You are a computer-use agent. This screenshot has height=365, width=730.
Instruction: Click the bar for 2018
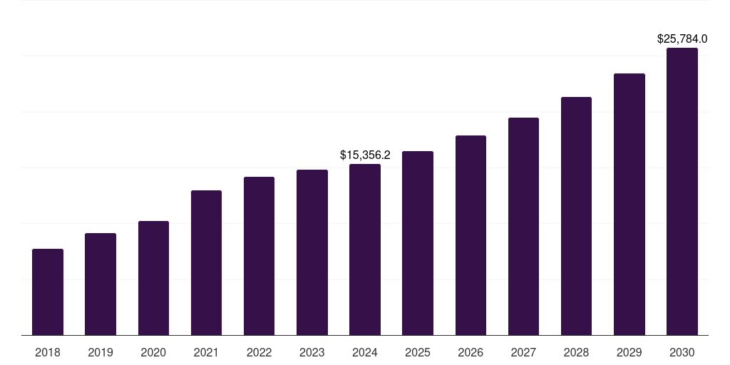[x=48, y=292]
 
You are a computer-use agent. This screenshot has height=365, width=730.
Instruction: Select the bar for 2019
[x=101, y=284]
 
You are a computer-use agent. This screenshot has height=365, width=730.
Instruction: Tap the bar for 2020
[x=153, y=278]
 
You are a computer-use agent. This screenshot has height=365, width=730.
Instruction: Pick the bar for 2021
[x=206, y=263]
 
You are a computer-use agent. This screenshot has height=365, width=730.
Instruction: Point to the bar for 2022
[x=259, y=256]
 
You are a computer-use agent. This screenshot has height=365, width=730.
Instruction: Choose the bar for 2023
[x=312, y=252]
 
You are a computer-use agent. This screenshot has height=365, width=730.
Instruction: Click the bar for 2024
[x=365, y=250]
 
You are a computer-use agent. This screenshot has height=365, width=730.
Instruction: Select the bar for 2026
[x=471, y=235]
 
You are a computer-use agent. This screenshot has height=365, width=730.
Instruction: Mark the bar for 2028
[x=576, y=216]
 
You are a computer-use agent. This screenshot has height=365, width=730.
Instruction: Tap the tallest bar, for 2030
[x=682, y=192]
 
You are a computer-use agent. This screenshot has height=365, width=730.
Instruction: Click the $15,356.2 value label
[x=365, y=155]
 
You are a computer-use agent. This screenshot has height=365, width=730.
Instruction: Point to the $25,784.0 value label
[x=682, y=38]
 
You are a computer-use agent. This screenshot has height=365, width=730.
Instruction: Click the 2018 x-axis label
[x=48, y=352]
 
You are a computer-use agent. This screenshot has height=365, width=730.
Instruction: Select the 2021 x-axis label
[x=206, y=352]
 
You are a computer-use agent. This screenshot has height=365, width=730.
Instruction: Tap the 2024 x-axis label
[x=365, y=352]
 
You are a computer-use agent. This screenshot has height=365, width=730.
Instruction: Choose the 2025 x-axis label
[x=418, y=352]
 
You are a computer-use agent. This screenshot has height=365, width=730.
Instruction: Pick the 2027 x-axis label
[x=523, y=352]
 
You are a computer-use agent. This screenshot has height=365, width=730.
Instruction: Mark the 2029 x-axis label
[x=629, y=352]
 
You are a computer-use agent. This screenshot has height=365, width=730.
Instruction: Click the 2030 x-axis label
[x=682, y=352]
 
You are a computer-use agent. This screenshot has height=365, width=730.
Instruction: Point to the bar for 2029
[x=629, y=205]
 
